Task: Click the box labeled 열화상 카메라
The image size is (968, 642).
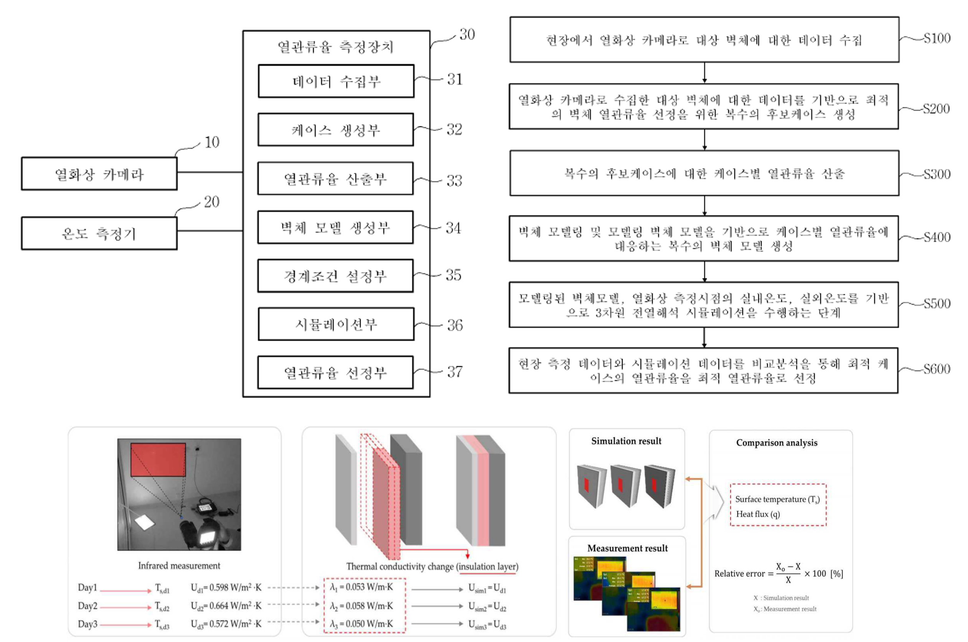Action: [x=99, y=173]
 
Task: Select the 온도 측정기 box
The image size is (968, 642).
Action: [x=99, y=233]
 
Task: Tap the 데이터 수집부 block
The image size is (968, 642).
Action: [x=336, y=81]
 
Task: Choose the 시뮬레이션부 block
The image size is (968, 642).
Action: [x=336, y=324]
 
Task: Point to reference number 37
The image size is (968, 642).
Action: [x=455, y=372]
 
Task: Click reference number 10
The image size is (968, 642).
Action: [x=212, y=142]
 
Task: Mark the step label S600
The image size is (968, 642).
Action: [x=937, y=369]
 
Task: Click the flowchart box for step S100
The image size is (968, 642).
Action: [x=704, y=40]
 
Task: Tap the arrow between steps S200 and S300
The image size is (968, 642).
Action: [x=704, y=140]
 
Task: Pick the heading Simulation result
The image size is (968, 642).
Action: [x=626, y=441]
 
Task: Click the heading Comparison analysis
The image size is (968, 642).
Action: [x=777, y=442]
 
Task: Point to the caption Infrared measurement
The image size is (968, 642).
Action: [x=179, y=565]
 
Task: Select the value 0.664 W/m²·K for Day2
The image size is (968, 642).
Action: [x=226, y=606]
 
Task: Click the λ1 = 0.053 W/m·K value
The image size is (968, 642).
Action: [x=361, y=587]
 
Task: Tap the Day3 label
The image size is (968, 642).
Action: [x=87, y=624]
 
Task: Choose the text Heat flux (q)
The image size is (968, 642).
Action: [x=758, y=514]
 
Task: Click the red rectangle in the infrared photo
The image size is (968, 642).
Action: [x=158, y=459]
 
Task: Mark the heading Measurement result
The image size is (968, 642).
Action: [x=627, y=548]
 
